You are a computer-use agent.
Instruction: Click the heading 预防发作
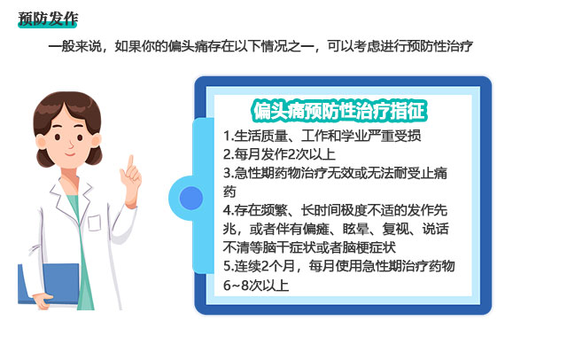tap(48, 19)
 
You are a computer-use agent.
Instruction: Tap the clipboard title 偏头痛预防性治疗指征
tap(339, 111)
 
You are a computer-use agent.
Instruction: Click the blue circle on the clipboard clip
tap(191, 198)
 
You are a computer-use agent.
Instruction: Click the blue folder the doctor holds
tap(49, 283)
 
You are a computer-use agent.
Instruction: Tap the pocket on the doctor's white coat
tap(94, 223)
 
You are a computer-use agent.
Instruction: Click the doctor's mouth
tap(70, 154)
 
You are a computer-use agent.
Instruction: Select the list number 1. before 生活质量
tap(229, 136)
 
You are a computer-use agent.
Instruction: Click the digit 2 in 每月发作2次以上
tap(283, 154)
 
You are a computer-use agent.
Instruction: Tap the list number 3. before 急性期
tap(229, 173)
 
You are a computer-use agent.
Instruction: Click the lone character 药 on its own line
tap(229, 192)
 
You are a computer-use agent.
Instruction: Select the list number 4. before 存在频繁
tap(229, 210)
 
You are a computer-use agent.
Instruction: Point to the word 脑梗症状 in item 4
tap(369, 247)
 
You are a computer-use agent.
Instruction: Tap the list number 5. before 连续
tap(229, 266)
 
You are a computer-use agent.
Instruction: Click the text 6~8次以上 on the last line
tap(256, 286)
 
